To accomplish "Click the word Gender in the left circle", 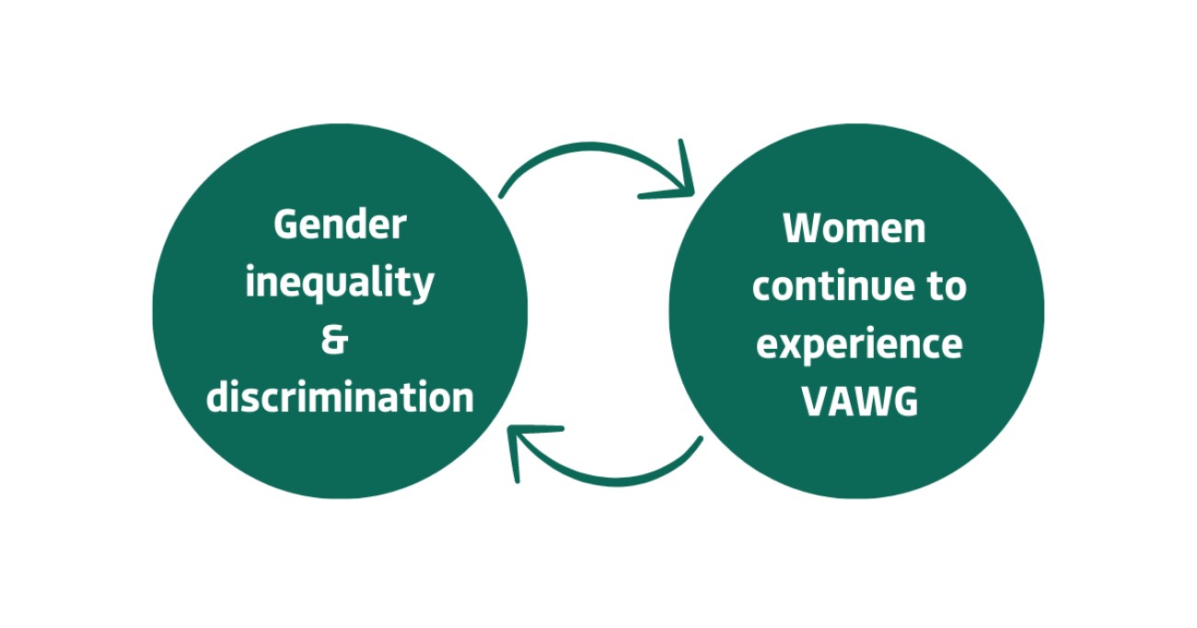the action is [x=340, y=225].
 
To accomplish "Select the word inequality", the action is [x=340, y=283].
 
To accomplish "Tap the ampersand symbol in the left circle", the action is [x=335, y=340].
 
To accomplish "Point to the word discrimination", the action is [x=340, y=397].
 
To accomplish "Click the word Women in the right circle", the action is [x=854, y=228].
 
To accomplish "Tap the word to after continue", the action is [x=947, y=287].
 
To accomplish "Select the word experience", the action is [x=859, y=344].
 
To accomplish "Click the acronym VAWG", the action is [x=860, y=401].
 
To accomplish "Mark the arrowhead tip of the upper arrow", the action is [x=692, y=193].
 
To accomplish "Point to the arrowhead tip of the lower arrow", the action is [x=509, y=429].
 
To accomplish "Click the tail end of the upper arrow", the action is [x=501, y=196].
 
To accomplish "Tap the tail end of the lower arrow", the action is [x=701, y=439].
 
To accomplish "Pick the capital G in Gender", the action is [x=285, y=225].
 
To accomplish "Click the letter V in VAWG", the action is [x=815, y=401].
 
